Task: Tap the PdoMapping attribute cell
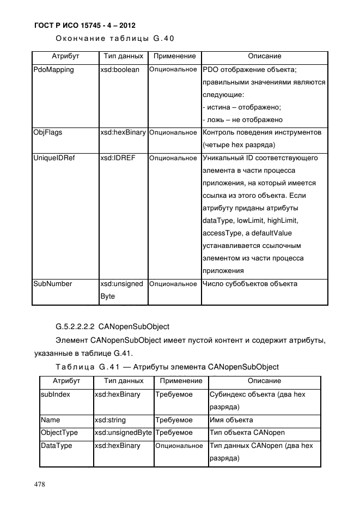pyautogui.click(x=53, y=70)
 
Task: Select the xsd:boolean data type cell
pyautogui.click(x=120, y=70)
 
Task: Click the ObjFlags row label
pyautogui.click(x=47, y=132)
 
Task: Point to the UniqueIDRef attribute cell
pyautogui.click(x=53, y=158)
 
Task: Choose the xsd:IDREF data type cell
pyautogui.click(x=118, y=158)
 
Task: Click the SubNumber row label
pyautogui.click(x=52, y=284)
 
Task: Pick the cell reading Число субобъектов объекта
pyautogui.click(x=249, y=284)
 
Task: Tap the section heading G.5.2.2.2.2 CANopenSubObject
pyautogui.click(x=112, y=327)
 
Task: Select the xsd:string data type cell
pyautogui.click(x=109, y=421)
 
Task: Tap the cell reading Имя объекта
pyautogui.click(x=231, y=421)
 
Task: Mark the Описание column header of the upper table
pyautogui.click(x=264, y=56)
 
